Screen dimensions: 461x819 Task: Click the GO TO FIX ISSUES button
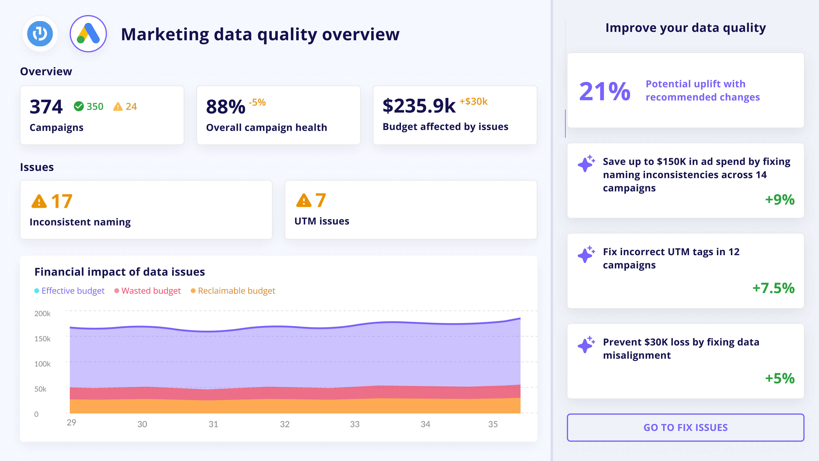[685, 427]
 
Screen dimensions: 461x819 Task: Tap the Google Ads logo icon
[88, 34]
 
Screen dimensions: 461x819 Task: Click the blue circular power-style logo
[40, 34]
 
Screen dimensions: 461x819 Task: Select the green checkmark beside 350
[78, 106]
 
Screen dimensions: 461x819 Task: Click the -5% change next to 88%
[257, 102]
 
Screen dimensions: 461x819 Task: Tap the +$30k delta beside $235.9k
[473, 102]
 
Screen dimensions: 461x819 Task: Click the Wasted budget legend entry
[151, 291]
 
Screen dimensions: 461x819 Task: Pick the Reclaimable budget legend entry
[236, 291]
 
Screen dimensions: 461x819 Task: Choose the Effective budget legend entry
[73, 291]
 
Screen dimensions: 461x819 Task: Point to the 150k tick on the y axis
[42, 339]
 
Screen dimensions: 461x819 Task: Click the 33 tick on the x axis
[354, 424]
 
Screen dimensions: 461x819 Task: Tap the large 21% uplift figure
[604, 91]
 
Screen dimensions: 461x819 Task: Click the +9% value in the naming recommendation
[779, 200]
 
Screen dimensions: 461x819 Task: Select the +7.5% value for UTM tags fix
[773, 288]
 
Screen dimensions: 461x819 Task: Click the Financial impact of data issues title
[120, 272]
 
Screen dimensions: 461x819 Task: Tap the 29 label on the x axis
[71, 422]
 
